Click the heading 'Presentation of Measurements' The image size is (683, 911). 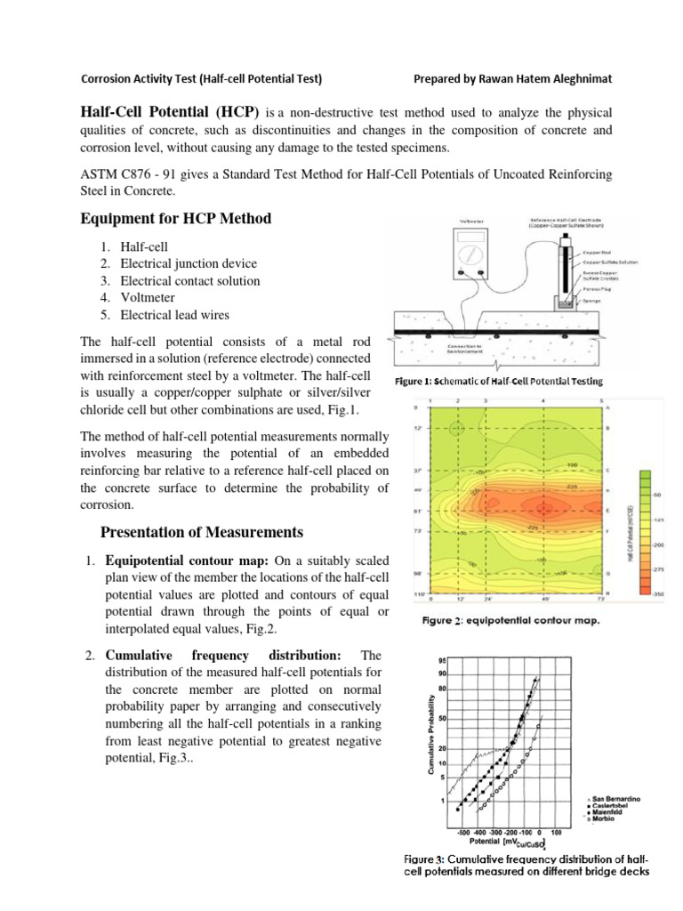pos(202,532)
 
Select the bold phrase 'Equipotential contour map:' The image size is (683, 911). pos(188,560)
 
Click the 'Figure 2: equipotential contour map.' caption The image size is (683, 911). pos(510,620)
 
